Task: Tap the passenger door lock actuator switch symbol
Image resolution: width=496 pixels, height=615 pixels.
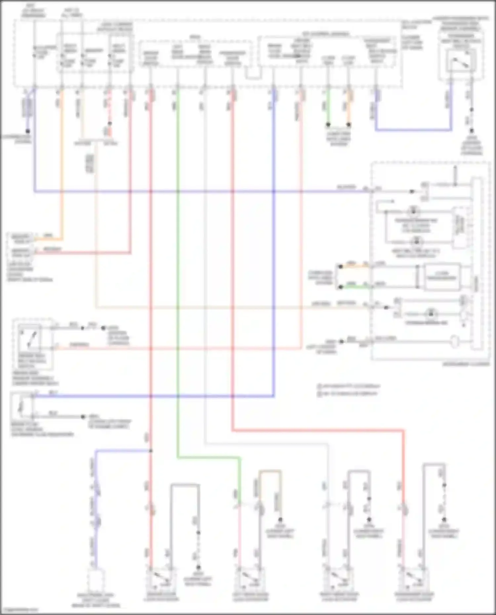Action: (414, 578)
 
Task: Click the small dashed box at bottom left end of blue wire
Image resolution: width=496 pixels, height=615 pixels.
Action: (96, 579)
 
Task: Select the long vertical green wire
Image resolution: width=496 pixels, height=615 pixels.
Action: (178, 264)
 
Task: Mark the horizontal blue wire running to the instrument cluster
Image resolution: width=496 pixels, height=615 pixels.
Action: (198, 191)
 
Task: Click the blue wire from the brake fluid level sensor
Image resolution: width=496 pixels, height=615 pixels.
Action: (152, 396)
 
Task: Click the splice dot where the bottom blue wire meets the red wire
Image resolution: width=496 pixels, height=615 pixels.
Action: (150, 451)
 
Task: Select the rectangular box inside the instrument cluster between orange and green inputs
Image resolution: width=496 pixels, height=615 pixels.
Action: (442, 276)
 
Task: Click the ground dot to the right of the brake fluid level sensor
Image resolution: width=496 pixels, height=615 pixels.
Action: (83, 417)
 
